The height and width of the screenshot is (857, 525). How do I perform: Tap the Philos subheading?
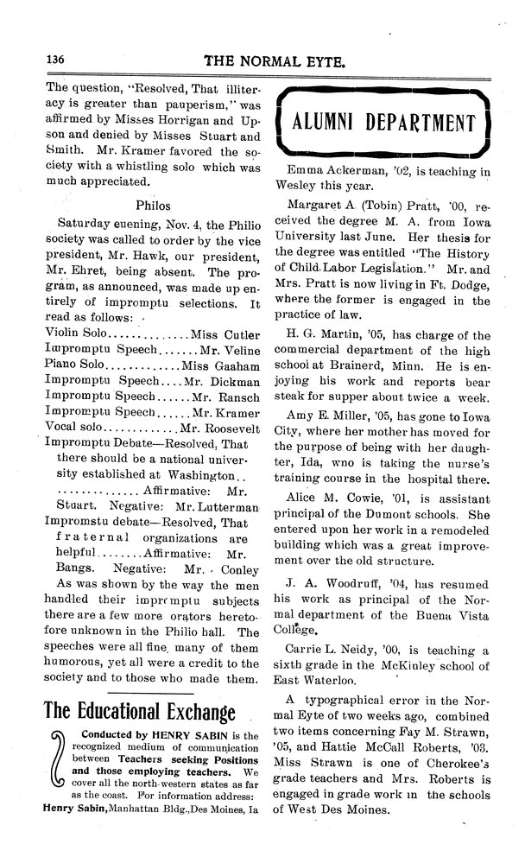(155, 205)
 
